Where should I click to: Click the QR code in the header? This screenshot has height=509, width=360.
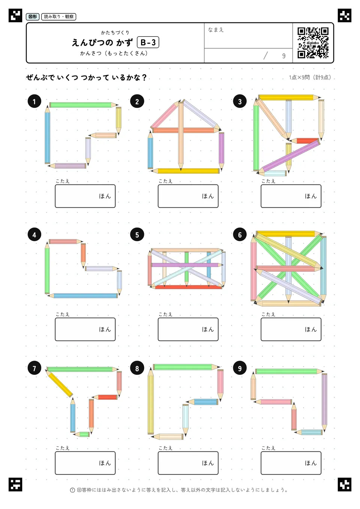313,43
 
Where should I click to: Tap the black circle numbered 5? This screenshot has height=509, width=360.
137,235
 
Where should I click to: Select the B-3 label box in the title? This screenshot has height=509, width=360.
148,42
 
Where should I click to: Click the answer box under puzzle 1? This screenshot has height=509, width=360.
85,196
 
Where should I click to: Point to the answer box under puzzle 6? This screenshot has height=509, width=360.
291,329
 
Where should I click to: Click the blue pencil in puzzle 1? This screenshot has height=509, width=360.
47,134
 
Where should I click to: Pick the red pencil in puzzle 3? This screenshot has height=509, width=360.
305,141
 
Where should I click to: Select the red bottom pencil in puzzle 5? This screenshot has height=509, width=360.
187,287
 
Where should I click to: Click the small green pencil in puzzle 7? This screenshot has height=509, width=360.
82,434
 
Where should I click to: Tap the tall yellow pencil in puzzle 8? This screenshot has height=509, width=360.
150,401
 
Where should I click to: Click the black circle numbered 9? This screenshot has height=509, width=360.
240,368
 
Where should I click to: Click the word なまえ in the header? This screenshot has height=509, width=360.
216,30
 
